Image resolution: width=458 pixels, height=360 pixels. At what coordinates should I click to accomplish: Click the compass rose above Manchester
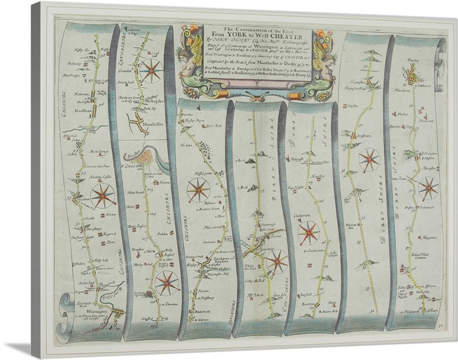(152, 72)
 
